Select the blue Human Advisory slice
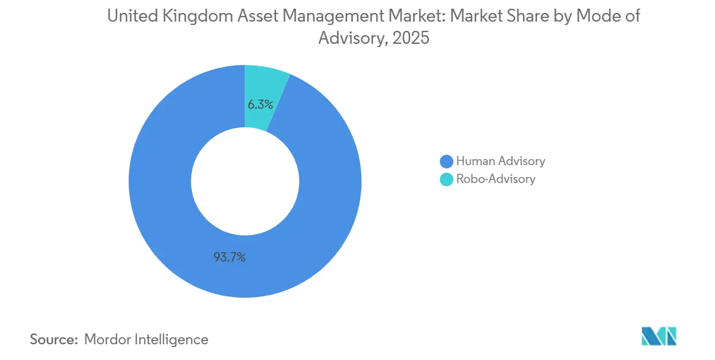pos(162,217)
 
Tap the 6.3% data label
pos(260,104)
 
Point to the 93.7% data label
pos(230,258)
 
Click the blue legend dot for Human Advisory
pos(446,161)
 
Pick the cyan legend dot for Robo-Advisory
pos(446,179)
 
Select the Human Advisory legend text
pos(500,161)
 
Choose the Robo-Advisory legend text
pos(496,179)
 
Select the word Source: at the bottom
pos(54,339)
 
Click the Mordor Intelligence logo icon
pos(659,336)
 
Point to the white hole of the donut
pos(245,181)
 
